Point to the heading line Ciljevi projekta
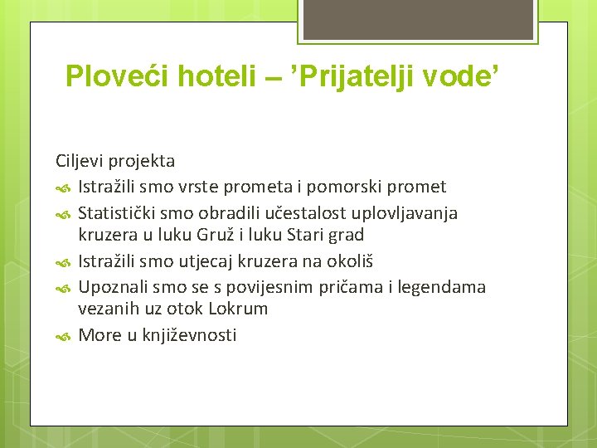(115, 160)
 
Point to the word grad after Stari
(344, 235)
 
